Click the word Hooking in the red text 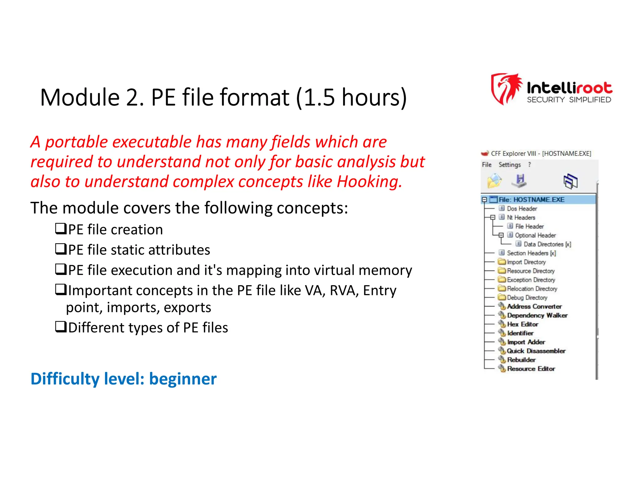[369, 182]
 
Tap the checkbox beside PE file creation [61, 229]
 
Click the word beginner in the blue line [183, 379]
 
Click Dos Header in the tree [522, 209]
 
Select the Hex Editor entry [522, 324]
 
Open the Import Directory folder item [526, 262]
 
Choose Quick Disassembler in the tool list [536, 351]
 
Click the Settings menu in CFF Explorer [510, 165]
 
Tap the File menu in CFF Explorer [486, 165]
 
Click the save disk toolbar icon [519, 180]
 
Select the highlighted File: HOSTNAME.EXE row [531, 200]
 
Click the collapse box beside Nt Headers [493, 218]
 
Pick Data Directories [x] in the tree [547, 244]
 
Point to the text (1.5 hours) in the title [351, 97]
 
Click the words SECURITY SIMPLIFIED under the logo [569, 100]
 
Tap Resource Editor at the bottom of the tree [531, 369]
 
